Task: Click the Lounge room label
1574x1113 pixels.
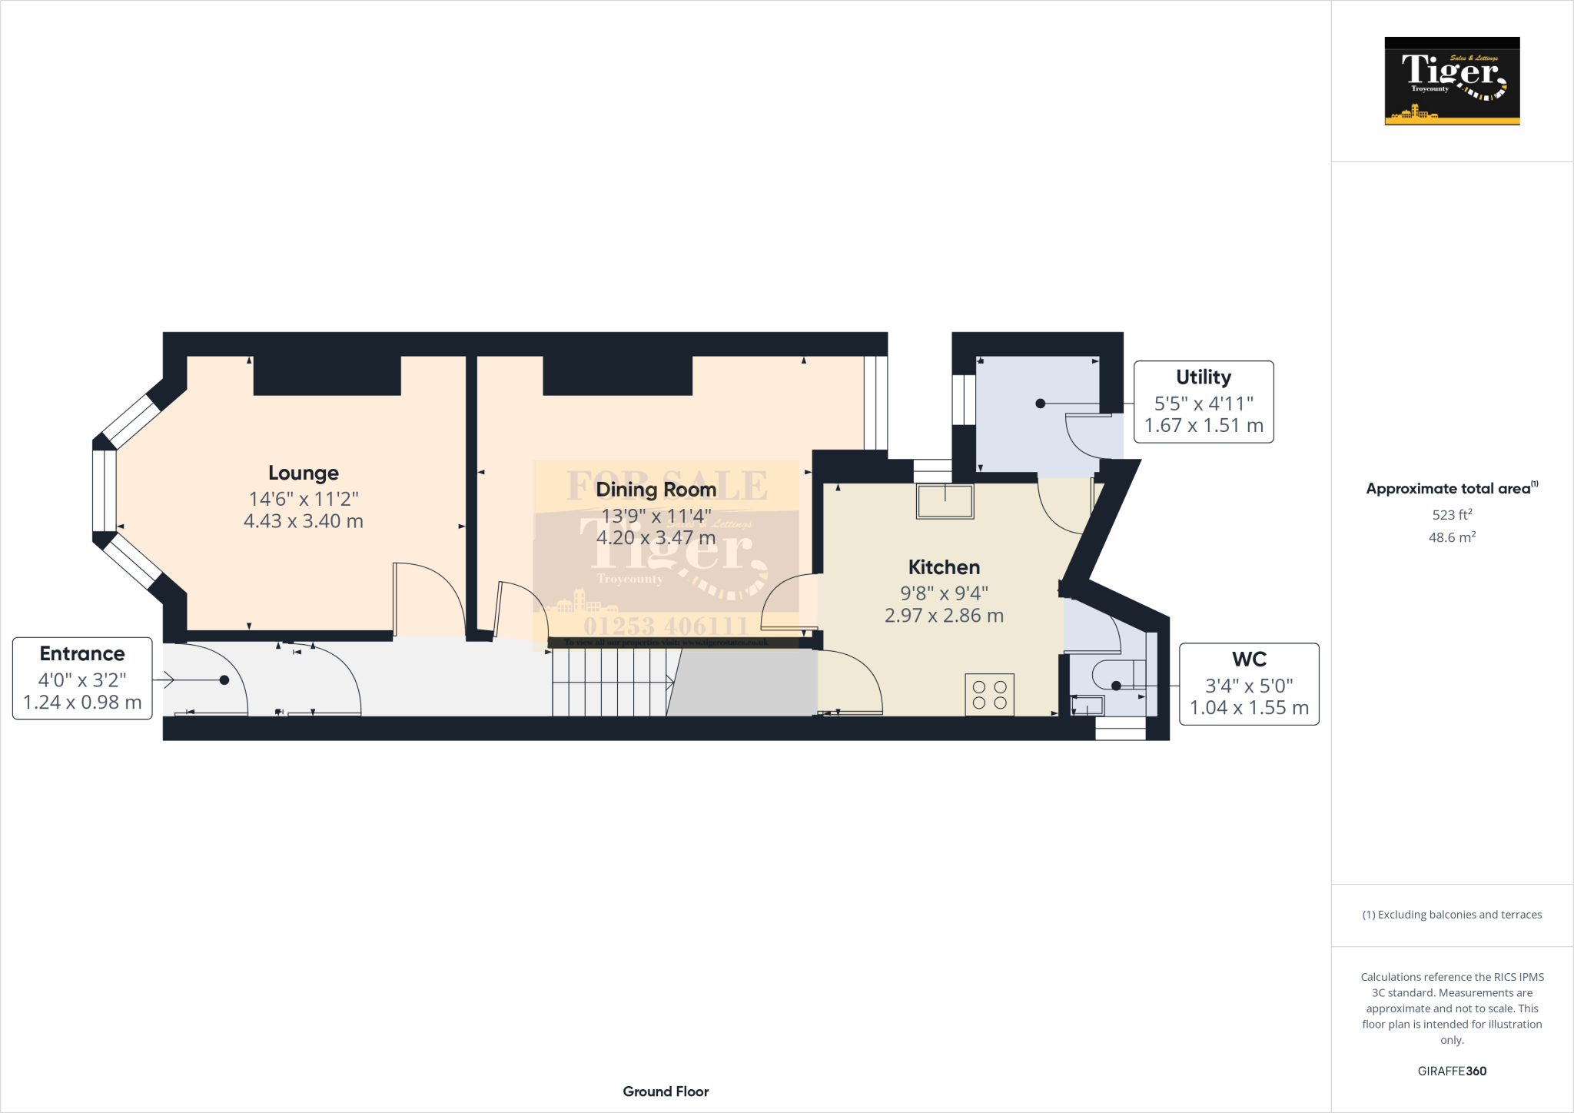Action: pos(303,473)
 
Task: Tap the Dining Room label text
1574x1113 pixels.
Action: pos(656,490)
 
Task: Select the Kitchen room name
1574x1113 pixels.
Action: pos(944,567)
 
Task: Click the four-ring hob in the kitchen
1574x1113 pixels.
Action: pos(989,694)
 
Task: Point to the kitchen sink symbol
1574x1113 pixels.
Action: pos(945,501)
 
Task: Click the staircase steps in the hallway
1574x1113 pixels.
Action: pos(611,683)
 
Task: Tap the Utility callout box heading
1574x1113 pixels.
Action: pos(1203,377)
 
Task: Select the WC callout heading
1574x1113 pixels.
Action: pos(1249,659)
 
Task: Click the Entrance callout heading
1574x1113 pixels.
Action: pos(82,653)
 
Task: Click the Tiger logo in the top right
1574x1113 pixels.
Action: pos(1452,81)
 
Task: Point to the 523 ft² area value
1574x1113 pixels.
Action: pos(1452,514)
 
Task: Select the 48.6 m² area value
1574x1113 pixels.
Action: pos(1452,537)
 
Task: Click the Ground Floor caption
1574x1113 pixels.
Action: pos(666,1091)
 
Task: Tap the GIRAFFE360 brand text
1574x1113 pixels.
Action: pos(1452,1071)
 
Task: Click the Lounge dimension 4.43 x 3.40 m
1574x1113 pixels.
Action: pos(303,521)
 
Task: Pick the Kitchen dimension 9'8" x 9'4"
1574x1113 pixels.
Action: pos(944,593)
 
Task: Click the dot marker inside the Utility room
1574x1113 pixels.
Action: pos(1040,404)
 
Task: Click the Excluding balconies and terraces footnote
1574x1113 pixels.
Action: pos(1452,915)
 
